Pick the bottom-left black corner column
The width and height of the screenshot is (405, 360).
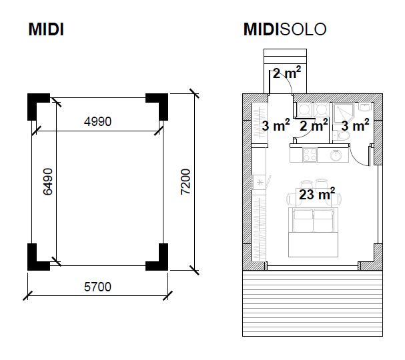point(37,257)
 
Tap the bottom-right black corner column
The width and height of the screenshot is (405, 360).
point(157,257)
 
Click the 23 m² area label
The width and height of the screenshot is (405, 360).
point(316,195)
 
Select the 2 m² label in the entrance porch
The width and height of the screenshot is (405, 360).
point(286,73)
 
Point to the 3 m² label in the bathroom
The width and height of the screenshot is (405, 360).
point(355,125)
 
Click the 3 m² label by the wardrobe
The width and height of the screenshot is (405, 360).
point(275,125)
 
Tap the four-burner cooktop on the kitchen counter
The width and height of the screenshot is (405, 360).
point(309,155)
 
